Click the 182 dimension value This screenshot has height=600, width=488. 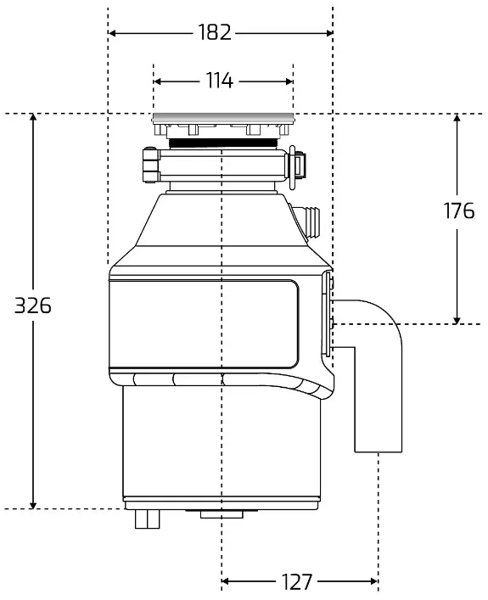[x=215, y=32]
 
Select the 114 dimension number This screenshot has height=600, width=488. [x=219, y=81]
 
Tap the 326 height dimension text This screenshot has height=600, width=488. [x=32, y=306]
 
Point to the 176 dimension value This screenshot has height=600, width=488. [x=459, y=210]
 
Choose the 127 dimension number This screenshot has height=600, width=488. [x=297, y=581]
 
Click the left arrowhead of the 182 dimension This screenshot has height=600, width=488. [x=112, y=33]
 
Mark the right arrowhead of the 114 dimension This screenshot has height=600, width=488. [x=289, y=81]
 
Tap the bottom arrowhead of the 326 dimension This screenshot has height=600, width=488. [x=33, y=505]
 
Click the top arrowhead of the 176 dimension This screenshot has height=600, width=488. [x=457, y=118]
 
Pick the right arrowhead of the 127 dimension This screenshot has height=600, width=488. [x=374, y=581]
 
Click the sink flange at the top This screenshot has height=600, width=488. [x=223, y=119]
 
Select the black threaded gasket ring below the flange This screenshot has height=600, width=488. [x=223, y=143]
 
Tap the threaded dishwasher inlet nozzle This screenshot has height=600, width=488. [x=309, y=221]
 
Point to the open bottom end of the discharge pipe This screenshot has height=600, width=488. [x=379, y=452]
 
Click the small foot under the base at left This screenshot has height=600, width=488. [x=148, y=519]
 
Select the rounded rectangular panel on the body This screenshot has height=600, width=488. [x=204, y=323]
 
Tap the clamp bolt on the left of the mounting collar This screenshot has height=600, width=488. [x=151, y=165]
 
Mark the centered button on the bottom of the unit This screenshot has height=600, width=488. [x=222, y=514]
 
